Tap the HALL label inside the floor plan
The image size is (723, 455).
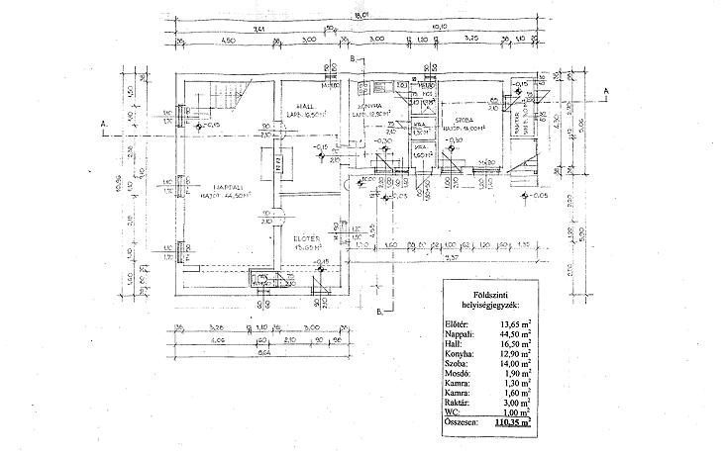click(294, 105)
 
